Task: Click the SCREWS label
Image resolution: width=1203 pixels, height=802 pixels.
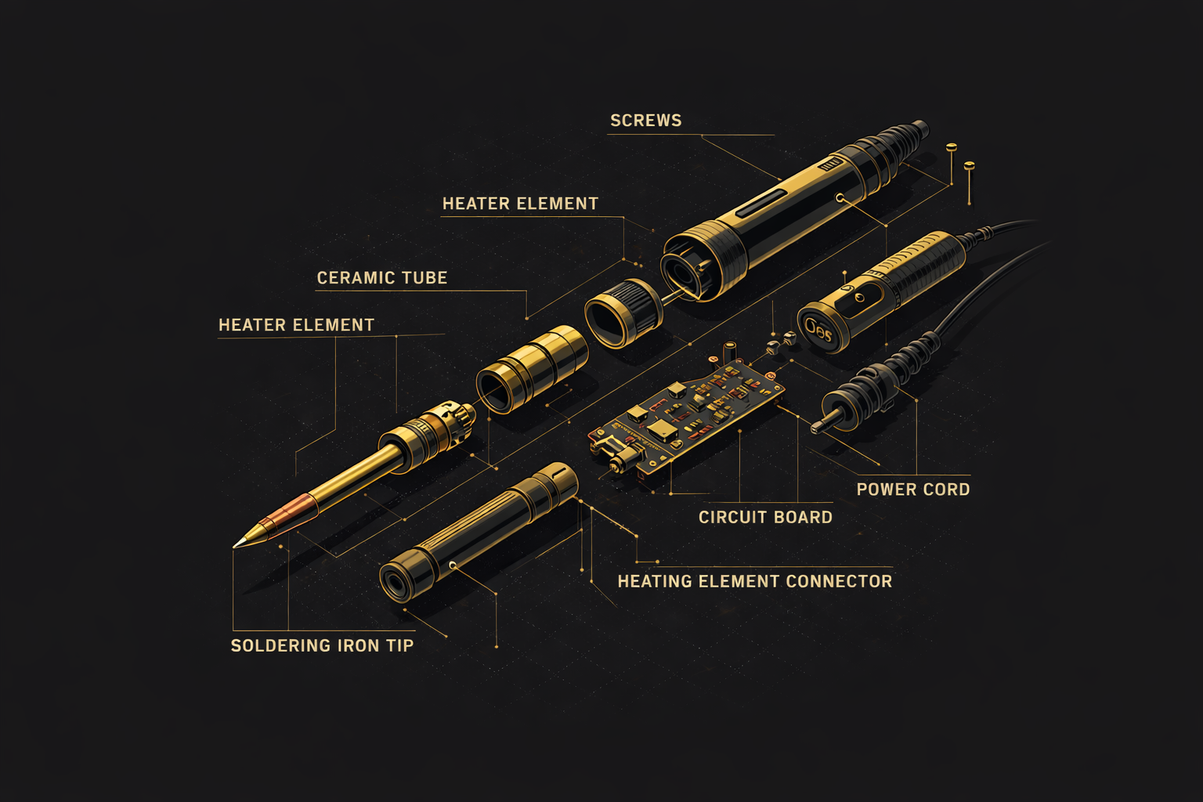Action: click(x=645, y=121)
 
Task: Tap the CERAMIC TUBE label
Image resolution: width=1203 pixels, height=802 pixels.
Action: click(x=381, y=278)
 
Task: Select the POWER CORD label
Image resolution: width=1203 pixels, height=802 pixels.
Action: click(x=912, y=490)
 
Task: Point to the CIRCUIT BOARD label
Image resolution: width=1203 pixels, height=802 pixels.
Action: click(x=765, y=517)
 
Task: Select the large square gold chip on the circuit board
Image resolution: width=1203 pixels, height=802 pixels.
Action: click(x=662, y=428)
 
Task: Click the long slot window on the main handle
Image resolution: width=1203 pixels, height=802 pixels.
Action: click(x=761, y=203)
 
